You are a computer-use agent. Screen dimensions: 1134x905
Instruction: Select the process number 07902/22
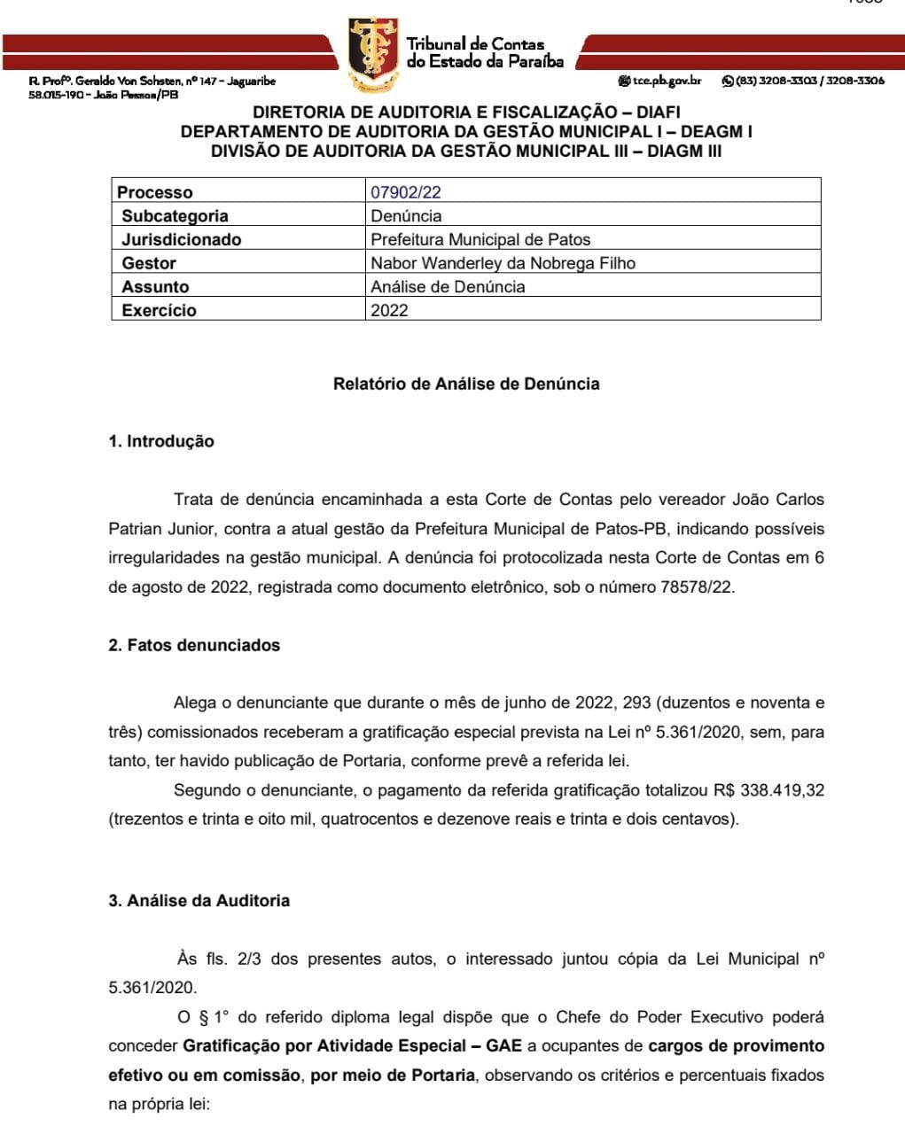[x=406, y=192]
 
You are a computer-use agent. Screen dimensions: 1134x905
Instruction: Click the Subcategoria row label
[x=175, y=216]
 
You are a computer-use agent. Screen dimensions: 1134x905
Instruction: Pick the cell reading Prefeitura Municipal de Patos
[x=480, y=239]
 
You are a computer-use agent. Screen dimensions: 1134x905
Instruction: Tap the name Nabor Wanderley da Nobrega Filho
[x=503, y=263]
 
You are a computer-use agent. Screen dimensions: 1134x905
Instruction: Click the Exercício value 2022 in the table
[x=389, y=310]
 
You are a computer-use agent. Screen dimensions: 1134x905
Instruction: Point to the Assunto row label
[x=155, y=287]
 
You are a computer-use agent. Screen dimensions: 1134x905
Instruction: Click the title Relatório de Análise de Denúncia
[x=466, y=384]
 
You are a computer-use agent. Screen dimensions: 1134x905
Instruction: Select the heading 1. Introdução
[x=161, y=441]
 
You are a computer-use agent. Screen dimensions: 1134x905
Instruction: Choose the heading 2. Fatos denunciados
[x=194, y=645]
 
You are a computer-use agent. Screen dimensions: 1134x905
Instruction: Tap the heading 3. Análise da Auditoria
[x=199, y=900]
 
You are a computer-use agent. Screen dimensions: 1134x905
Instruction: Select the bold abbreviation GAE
[x=503, y=1046]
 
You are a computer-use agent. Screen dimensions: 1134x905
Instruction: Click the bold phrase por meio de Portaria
[x=394, y=1076]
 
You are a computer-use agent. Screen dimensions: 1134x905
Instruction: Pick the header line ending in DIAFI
[x=466, y=113]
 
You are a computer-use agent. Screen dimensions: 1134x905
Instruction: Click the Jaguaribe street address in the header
[x=152, y=82]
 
